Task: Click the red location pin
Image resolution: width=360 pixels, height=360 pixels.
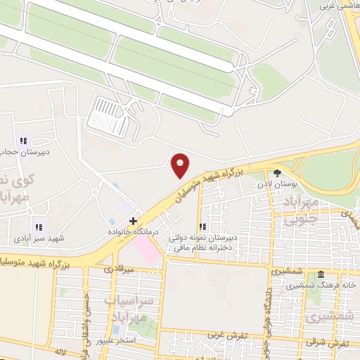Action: coord(181,165)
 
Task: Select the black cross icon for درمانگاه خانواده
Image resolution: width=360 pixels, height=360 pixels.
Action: coord(133,221)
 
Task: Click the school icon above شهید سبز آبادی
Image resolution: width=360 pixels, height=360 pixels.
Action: coord(38,227)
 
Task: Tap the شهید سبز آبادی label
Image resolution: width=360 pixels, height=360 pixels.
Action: coord(39,238)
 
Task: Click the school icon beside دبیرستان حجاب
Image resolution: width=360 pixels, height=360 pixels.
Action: coord(22,140)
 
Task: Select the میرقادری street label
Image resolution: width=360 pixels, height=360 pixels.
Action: coord(120,268)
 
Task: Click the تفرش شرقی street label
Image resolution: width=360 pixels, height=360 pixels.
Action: coord(337,342)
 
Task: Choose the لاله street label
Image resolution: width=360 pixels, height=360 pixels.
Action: coord(60,349)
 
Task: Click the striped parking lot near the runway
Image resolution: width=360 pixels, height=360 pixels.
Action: coord(108,117)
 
